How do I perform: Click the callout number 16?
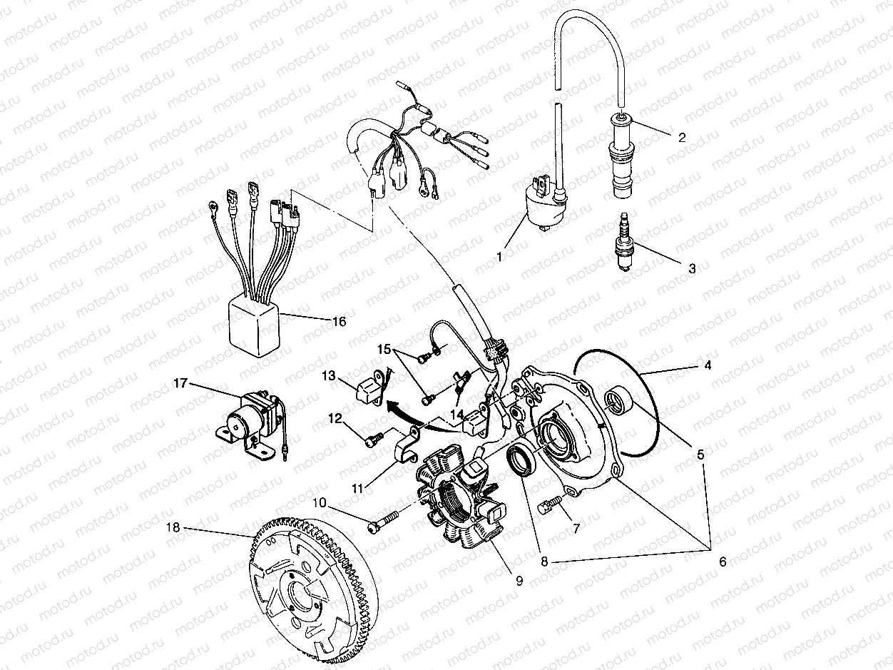tap(339, 322)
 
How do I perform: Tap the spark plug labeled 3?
tap(624, 243)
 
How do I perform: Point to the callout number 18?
tap(173, 528)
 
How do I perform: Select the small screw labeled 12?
tap(373, 441)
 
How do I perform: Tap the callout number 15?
tap(384, 350)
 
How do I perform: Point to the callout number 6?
tap(722, 562)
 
